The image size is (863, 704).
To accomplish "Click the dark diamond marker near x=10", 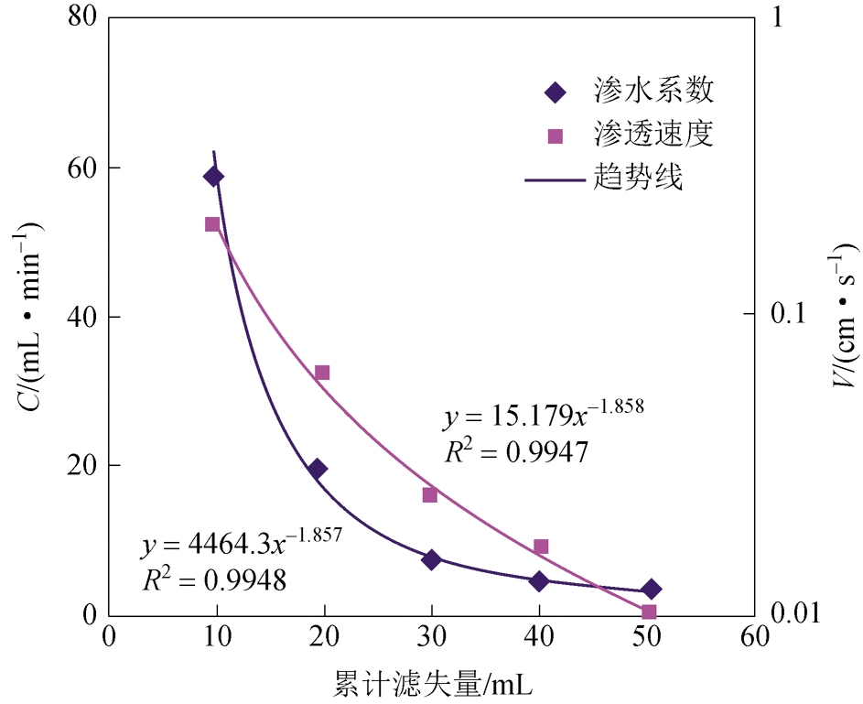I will (x=213, y=177).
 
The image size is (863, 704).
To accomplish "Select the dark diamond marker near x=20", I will (x=318, y=469).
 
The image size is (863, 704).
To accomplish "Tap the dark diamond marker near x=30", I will (x=431, y=559).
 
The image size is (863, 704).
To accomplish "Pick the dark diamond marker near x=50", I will (x=651, y=589).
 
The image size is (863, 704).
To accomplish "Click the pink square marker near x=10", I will (x=212, y=224).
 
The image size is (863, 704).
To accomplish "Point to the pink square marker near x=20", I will (x=322, y=373).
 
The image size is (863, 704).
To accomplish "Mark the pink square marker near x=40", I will (x=541, y=547).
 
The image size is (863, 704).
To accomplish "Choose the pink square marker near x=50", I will (x=649, y=612).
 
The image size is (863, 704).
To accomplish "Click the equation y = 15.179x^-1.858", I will (x=545, y=417).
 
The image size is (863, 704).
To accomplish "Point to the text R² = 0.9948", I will (x=214, y=579).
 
